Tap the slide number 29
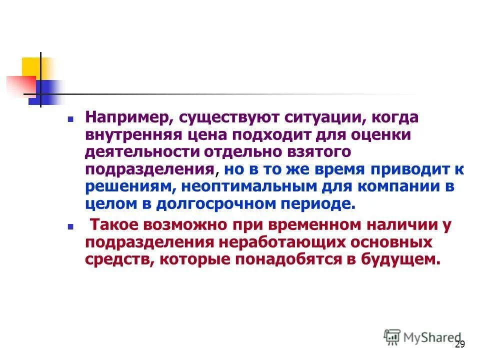[x=460, y=344]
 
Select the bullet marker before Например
[x=70, y=120]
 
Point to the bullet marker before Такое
[x=70, y=227]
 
